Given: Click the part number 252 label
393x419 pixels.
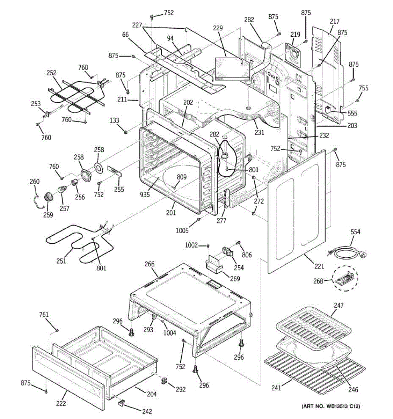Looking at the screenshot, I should click(x=51, y=73).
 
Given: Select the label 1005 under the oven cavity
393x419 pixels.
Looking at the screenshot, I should click(x=182, y=230).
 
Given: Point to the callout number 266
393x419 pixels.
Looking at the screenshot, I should click(x=149, y=264).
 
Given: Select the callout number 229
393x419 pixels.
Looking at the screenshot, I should click(x=218, y=28).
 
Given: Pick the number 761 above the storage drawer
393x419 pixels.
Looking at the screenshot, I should click(x=44, y=315).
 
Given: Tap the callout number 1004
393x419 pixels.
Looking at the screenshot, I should click(x=170, y=333).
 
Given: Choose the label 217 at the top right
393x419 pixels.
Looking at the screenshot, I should click(x=334, y=21).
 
